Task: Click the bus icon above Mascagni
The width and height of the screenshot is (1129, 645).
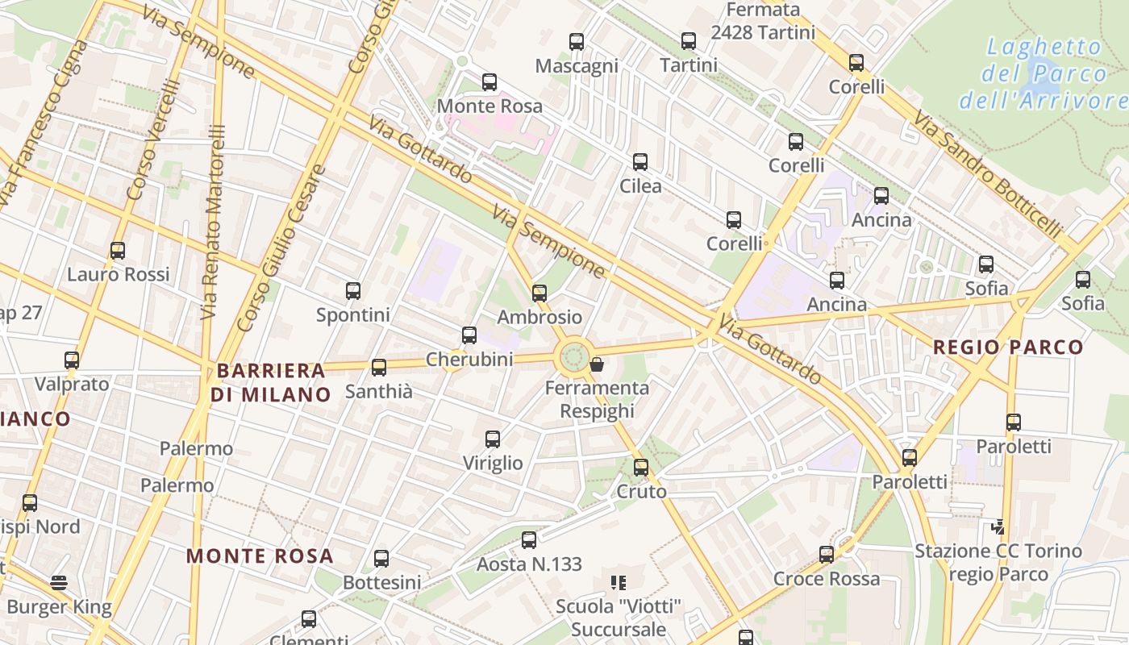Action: pos(576,42)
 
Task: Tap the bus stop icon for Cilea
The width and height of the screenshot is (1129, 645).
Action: pos(640,162)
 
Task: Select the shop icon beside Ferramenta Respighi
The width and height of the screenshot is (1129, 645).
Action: pos(597,365)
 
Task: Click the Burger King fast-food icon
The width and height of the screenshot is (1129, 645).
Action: pos(59,582)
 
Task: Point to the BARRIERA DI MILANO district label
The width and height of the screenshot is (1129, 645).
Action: pos(271,383)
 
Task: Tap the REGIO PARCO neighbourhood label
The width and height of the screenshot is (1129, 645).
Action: pos(1008,347)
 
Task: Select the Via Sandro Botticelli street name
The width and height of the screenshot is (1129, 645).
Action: pos(987,174)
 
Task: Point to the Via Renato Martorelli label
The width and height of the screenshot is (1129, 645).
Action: pos(212,221)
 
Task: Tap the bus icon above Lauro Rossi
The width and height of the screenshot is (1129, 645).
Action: pos(118,251)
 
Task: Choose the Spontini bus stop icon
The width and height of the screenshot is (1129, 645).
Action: pos(353,291)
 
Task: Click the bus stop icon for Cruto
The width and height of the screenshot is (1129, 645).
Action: pos(641,467)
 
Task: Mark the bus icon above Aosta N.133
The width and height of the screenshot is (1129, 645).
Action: pos(529,540)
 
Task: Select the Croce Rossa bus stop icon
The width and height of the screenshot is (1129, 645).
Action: pos(827,555)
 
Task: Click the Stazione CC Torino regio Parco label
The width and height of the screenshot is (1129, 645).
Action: pos(998,563)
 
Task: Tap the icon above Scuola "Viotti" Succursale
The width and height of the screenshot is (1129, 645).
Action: pos(619,582)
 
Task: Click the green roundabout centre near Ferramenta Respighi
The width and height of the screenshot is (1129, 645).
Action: pos(573,356)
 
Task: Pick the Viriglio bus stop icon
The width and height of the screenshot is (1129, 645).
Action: pos(493,439)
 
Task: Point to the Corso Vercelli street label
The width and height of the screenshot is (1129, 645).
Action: pos(152,141)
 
